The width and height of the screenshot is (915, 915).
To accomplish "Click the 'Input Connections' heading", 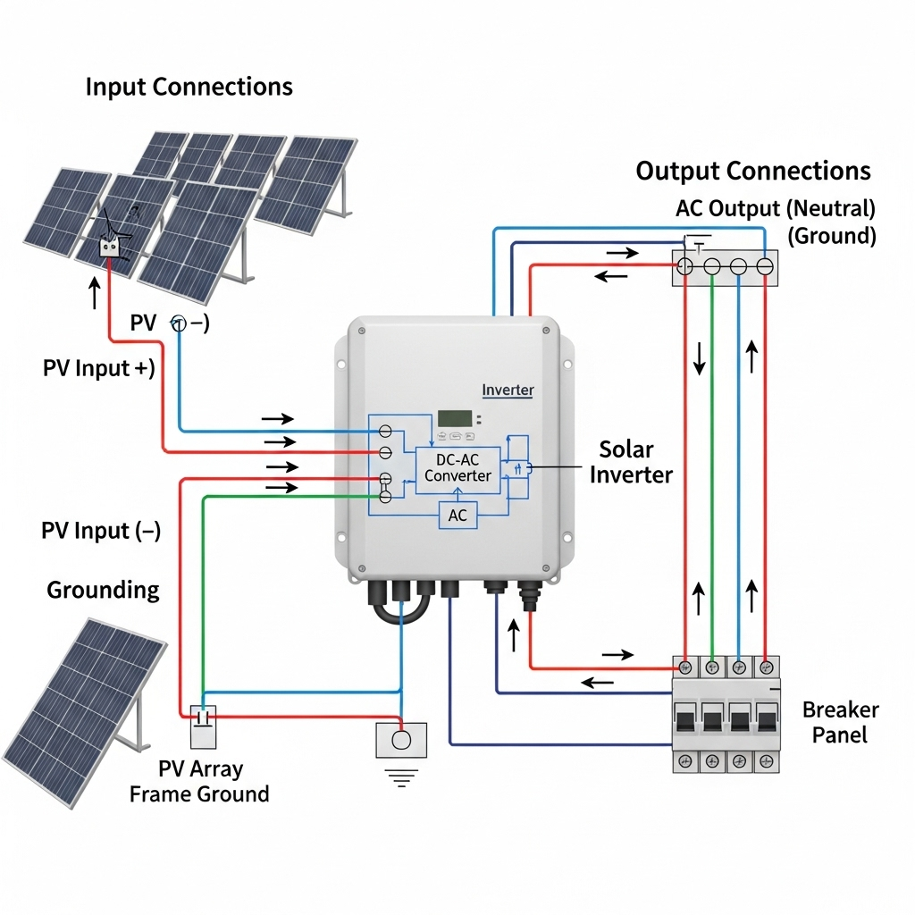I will click(x=189, y=87).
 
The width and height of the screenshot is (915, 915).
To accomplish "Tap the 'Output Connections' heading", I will click(x=752, y=171).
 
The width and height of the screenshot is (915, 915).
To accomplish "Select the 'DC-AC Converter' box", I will click(x=457, y=467).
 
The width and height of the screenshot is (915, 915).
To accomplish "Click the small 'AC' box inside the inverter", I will click(x=457, y=516).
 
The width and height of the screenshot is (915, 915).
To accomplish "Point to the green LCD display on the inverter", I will click(x=454, y=418).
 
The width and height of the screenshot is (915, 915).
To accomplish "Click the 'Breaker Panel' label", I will click(x=840, y=723).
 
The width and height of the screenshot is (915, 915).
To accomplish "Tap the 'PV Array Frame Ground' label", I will click(x=199, y=781).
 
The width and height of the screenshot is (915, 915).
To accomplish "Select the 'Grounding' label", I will click(x=103, y=590).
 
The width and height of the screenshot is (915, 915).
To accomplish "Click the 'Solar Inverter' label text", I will click(x=630, y=461).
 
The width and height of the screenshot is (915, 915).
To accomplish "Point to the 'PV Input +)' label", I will click(x=98, y=368).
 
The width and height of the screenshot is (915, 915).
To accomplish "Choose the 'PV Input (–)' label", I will click(x=101, y=531).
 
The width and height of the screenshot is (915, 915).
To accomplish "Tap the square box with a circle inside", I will click(x=402, y=740).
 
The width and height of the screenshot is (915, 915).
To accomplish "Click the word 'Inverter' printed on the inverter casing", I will click(x=508, y=390).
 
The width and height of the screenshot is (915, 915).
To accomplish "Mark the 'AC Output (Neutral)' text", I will click(x=775, y=208).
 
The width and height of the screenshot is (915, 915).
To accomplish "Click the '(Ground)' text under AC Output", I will click(x=831, y=236).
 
